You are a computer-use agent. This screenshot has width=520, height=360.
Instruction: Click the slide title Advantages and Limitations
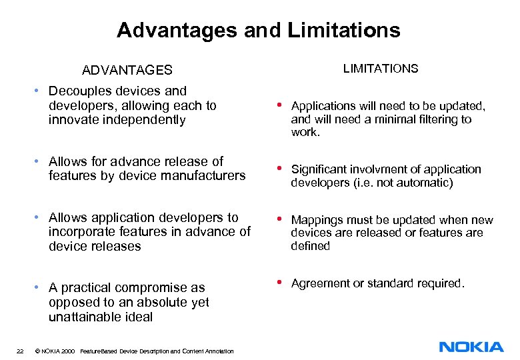coord(259,30)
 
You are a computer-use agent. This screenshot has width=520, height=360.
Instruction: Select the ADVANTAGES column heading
coord(127,70)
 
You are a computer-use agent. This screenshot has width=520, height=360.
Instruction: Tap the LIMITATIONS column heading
coord(381,68)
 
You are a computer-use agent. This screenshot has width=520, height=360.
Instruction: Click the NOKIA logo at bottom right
coord(471,347)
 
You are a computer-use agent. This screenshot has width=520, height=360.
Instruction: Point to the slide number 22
coord(20,351)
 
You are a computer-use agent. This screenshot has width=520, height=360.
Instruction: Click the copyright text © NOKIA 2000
coord(55,351)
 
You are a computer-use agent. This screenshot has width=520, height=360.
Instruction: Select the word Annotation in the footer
coord(219,351)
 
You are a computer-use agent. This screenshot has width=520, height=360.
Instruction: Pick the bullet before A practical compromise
coord(39,287)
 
